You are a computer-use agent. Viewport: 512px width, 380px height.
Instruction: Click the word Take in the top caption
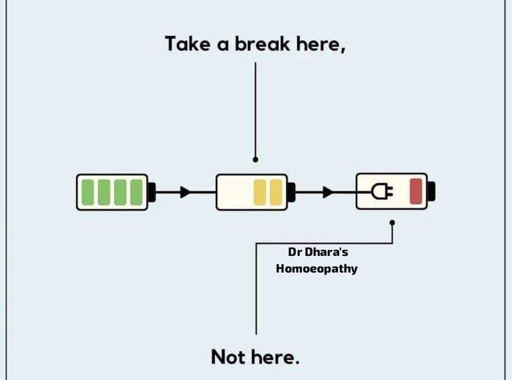(188, 44)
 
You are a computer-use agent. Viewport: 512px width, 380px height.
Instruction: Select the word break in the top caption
(262, 44)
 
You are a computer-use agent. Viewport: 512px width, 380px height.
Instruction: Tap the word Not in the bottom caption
(228, 357)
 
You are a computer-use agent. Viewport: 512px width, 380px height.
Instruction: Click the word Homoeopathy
(317, 269)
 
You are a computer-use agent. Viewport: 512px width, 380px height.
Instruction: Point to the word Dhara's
(326, 252)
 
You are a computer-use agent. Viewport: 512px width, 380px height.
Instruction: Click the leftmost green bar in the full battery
(88, 193)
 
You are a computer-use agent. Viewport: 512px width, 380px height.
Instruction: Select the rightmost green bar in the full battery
(136, 193)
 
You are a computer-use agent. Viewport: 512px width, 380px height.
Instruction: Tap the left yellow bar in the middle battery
(260, 193)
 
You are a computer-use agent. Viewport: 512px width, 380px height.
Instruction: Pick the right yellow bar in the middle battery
(276, 193)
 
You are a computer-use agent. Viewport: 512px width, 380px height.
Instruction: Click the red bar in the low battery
(416, 191)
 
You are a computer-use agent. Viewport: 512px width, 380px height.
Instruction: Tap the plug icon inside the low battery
(382, 191)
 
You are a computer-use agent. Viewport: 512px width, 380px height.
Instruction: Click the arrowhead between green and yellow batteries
(185, 193)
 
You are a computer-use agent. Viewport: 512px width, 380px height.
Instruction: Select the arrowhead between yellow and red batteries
(328, 193)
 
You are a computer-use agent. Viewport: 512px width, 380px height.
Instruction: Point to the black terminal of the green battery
(152, 193)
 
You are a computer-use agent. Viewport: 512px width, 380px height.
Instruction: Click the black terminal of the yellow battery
(292, 193)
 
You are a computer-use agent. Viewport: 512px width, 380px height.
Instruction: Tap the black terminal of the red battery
(431, 191)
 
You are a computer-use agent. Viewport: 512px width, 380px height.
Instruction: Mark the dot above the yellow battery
(255, 160)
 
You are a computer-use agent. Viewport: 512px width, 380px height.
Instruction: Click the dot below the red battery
(392, 223)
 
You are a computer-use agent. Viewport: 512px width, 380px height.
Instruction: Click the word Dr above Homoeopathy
(294, 252)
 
